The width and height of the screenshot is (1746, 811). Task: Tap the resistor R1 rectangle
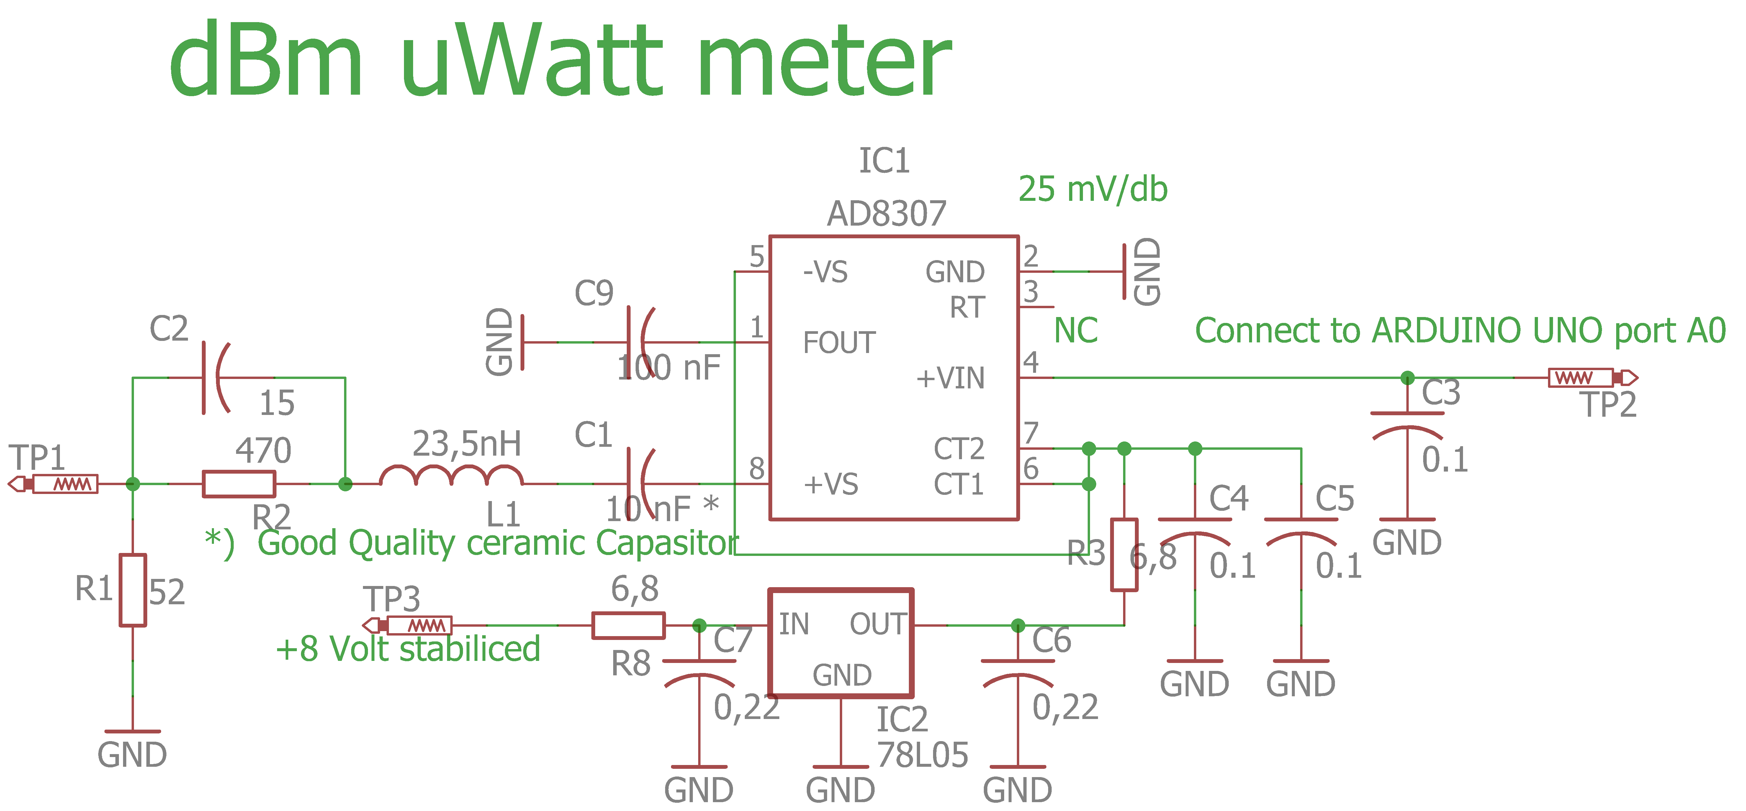pos(133,590)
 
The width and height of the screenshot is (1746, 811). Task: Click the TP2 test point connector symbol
pos(1593,377)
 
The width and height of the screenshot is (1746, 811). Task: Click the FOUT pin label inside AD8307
pos(839,343)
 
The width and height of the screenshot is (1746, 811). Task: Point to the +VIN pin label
pos(950,378)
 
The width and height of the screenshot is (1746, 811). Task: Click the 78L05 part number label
pos(922,755)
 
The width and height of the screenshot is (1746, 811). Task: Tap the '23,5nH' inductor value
pos(467,444)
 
